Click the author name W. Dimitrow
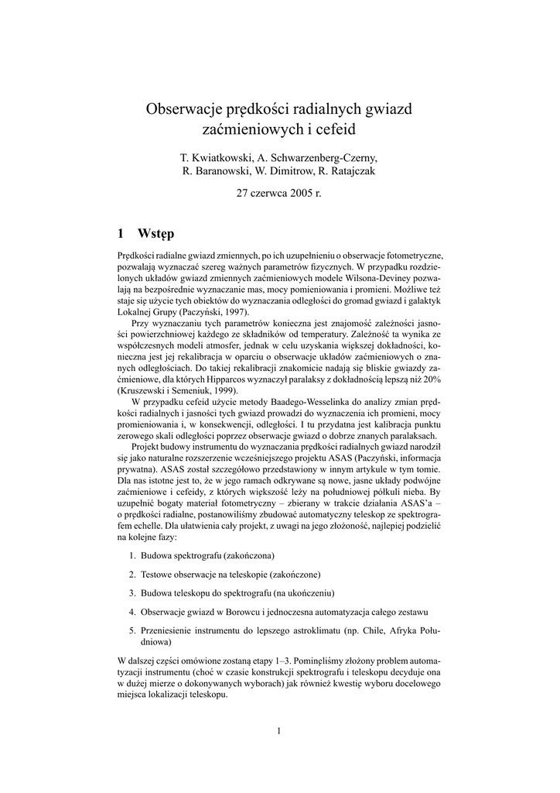288,171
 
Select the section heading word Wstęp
155,233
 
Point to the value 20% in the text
431,382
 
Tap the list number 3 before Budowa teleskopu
132,592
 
